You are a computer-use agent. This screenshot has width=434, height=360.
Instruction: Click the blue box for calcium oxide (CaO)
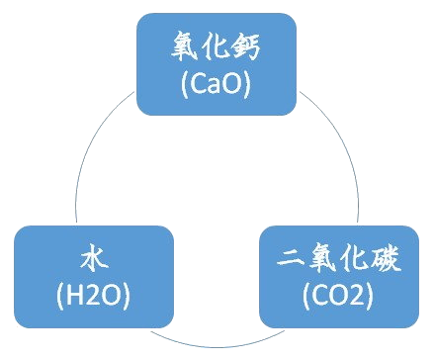[x=216, y=65]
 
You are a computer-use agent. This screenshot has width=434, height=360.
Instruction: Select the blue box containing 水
[x=93, y=276]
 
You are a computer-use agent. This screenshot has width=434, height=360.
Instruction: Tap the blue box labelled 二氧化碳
[x=339, y=276]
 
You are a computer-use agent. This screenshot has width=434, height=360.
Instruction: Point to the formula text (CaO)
[x=217, y=85]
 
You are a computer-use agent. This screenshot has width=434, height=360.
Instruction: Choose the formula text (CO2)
[x=339, y=295]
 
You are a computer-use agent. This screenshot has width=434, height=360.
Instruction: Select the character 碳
[x=390, y=261]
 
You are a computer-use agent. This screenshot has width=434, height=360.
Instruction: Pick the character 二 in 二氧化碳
[x=289, y=262]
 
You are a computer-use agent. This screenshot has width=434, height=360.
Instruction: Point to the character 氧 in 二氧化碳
[x=322, y=261]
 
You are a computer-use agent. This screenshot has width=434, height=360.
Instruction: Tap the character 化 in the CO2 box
[x=356, y=261]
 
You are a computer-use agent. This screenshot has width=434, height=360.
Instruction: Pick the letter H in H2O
[x=74, y=295]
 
